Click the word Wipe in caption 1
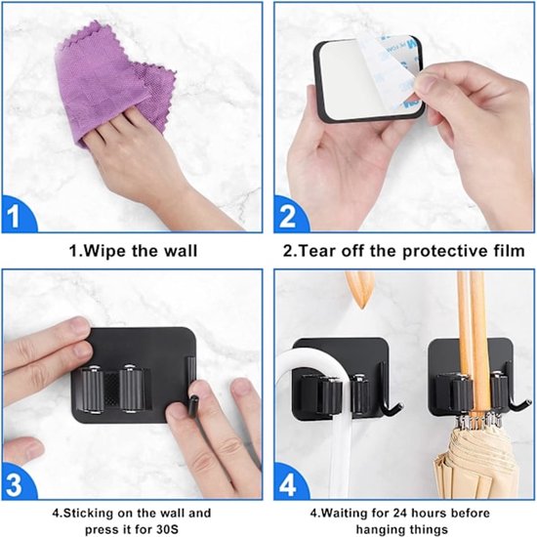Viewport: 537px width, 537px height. pyautogui.click(x=110, y=251)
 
